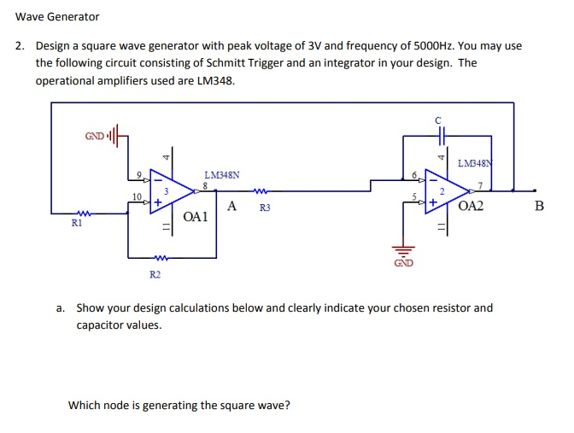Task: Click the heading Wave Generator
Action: pyautogui.click(x=57, y=16)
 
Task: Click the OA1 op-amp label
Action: pyautogui.click(x=196, y=217)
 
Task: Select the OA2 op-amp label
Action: pyautogui.click(x=470, y=207)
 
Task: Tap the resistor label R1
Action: pyautogui.click(x=78, y=223)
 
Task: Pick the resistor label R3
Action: pyautogui.click(x=264, y=208)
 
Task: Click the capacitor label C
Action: pyautogui.click(x=437, y=120)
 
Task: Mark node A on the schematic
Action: pyautogui.click(x=232, y=206)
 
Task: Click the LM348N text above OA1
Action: pyautogui.click(x=221, y=174)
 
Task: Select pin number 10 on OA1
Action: pyautogui.click(x=137, y=197)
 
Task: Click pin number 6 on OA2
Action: pyautogui.click(x=415, y=175)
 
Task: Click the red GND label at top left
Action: pyautogui.click(x=94, y=136)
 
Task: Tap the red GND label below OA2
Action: pyautogui.click(x=403, y=263)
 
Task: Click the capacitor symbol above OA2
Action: pyautogui.click(x=438, y=135)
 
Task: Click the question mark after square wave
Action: pyautogui.click(x=287, y=405)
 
